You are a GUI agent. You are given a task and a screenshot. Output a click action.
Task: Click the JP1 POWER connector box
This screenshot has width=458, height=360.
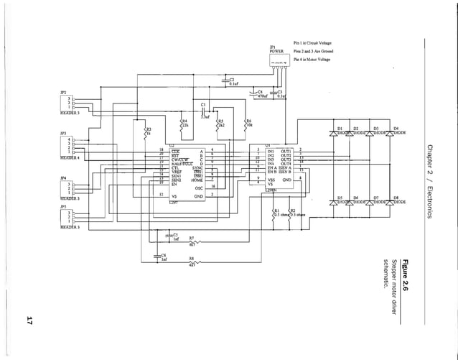pyautogui.click(x=279, y=62)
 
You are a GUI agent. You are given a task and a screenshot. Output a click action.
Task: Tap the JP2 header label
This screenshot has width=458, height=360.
pyautogui.click(x=62, y=92)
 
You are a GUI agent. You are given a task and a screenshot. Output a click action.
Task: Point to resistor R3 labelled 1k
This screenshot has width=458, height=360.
pyautogui.click(x=146, y=133)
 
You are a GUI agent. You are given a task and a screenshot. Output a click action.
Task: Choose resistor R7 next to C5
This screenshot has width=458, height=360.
pyautogui.click(x=200, y=241)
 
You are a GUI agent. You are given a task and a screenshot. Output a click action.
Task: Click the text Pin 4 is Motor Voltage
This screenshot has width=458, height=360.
pyautogui.click(x=314, y=60)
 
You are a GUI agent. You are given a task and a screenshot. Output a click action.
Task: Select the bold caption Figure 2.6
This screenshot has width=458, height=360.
pyautogui.click(x=406, y=272)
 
